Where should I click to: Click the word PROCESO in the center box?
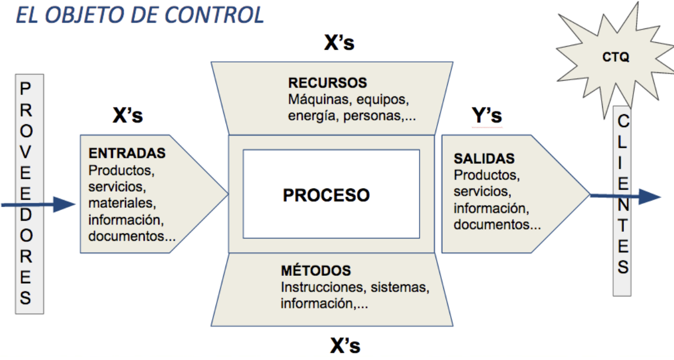click(326, 195)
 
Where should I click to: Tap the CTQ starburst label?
click(616, 57)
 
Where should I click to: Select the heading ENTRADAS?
click(127, 153)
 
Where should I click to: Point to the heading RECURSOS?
click(328, 83)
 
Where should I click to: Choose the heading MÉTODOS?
click(316, 271)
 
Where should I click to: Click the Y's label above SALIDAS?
click(486, 115)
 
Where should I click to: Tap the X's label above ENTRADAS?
click(128, 115)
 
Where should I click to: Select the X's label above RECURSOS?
click(339, 43)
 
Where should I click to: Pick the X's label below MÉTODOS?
click(345, 346)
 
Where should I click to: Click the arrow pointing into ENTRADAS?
click(39, 205)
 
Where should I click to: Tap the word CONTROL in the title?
click(215, 15)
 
